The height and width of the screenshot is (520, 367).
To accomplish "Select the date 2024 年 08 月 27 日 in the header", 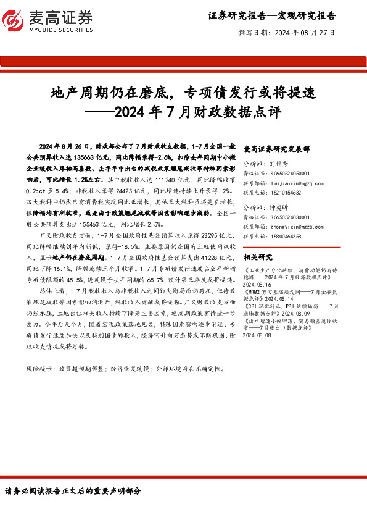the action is tap(305, 32).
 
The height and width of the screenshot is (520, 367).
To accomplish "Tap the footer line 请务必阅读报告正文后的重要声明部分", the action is tap(73, 491).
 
